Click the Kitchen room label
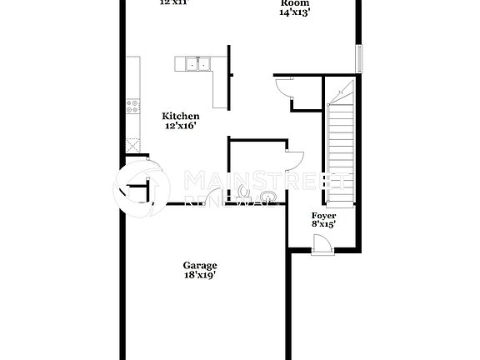coord(180,117)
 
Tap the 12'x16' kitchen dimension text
coord(180,127)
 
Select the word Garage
coord(200,266)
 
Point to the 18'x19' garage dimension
coord(200,276)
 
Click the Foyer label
coord(324,214)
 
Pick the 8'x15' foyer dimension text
coord(324,223)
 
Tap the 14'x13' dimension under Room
coord(294,12)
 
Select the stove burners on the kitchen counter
coord(132,106)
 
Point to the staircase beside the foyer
coord(340,133)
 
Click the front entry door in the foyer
coord(322,244)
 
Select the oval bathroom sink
coord(267,197)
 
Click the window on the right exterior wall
coord(360,59)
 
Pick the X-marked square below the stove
coord(132,143)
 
